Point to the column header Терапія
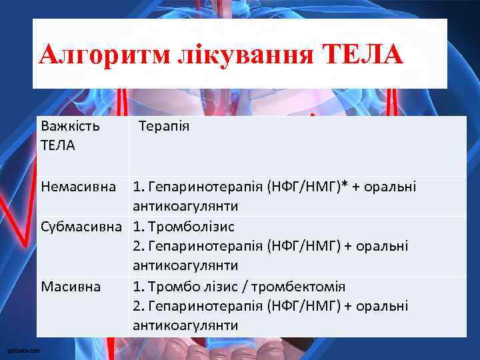coord(164,125)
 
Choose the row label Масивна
coord(71,287)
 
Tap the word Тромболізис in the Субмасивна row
coord(193,226)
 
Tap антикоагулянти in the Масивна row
coord(185,325)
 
